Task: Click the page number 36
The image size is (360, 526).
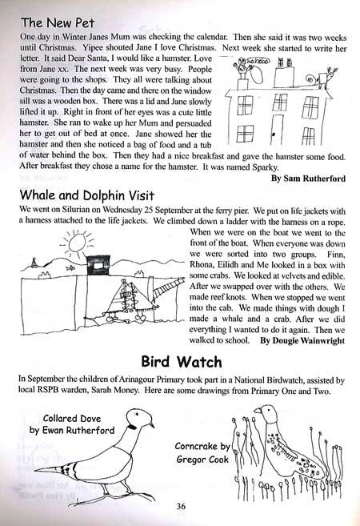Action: pos(181,504)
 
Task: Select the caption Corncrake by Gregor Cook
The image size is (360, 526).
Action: pos(203,452)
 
